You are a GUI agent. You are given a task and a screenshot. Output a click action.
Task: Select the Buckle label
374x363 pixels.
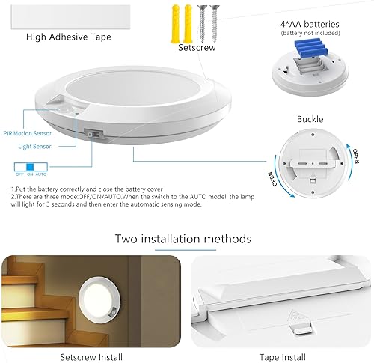pyautogui.click(x=310, y=119)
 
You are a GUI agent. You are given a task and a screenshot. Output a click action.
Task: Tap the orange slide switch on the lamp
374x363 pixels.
pyautogui.click(x=93, y=135)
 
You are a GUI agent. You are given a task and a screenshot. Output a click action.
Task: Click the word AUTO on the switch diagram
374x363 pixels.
pyautogui.click(x=41, y=174)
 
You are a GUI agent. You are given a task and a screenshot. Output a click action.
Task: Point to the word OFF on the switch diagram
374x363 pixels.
pyautogui.click(x=18, y=174)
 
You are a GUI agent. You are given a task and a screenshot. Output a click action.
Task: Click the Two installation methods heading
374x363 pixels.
pyautogui.click(x=183, y=239)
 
